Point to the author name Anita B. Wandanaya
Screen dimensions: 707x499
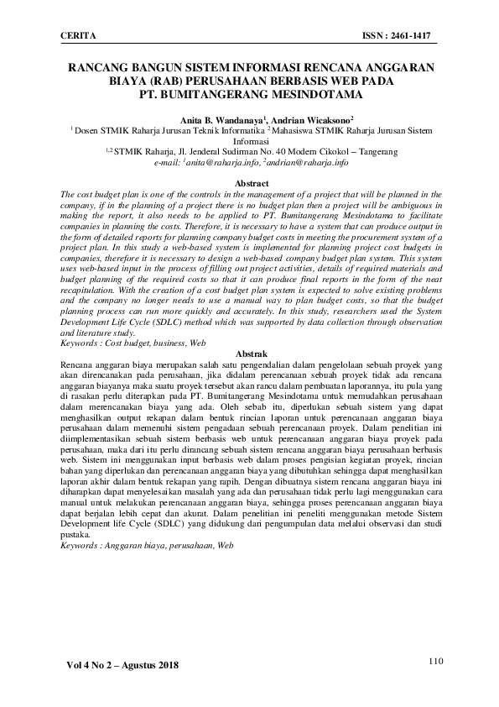click(x=221, y=121)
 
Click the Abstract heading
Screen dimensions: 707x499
click(x=252, y=183)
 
